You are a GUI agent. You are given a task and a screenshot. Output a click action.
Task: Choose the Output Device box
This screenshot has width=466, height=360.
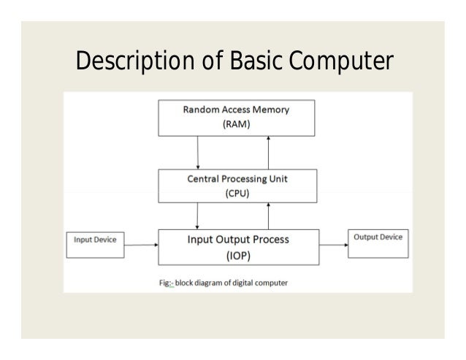click(x=378, y=244)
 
